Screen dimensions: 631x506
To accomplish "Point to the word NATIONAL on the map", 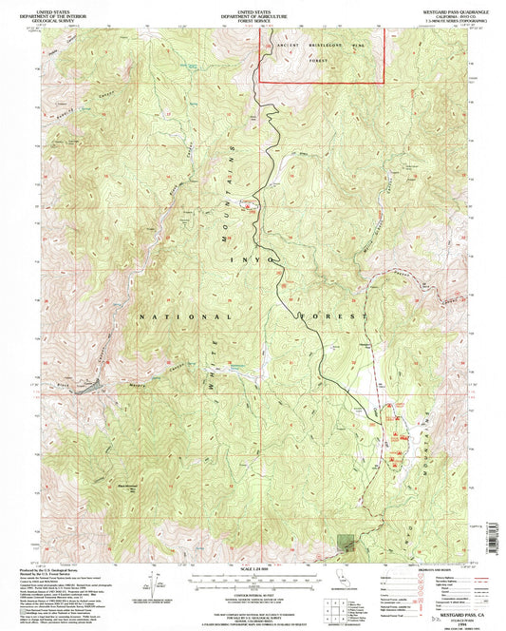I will click(x=184, y=316).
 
